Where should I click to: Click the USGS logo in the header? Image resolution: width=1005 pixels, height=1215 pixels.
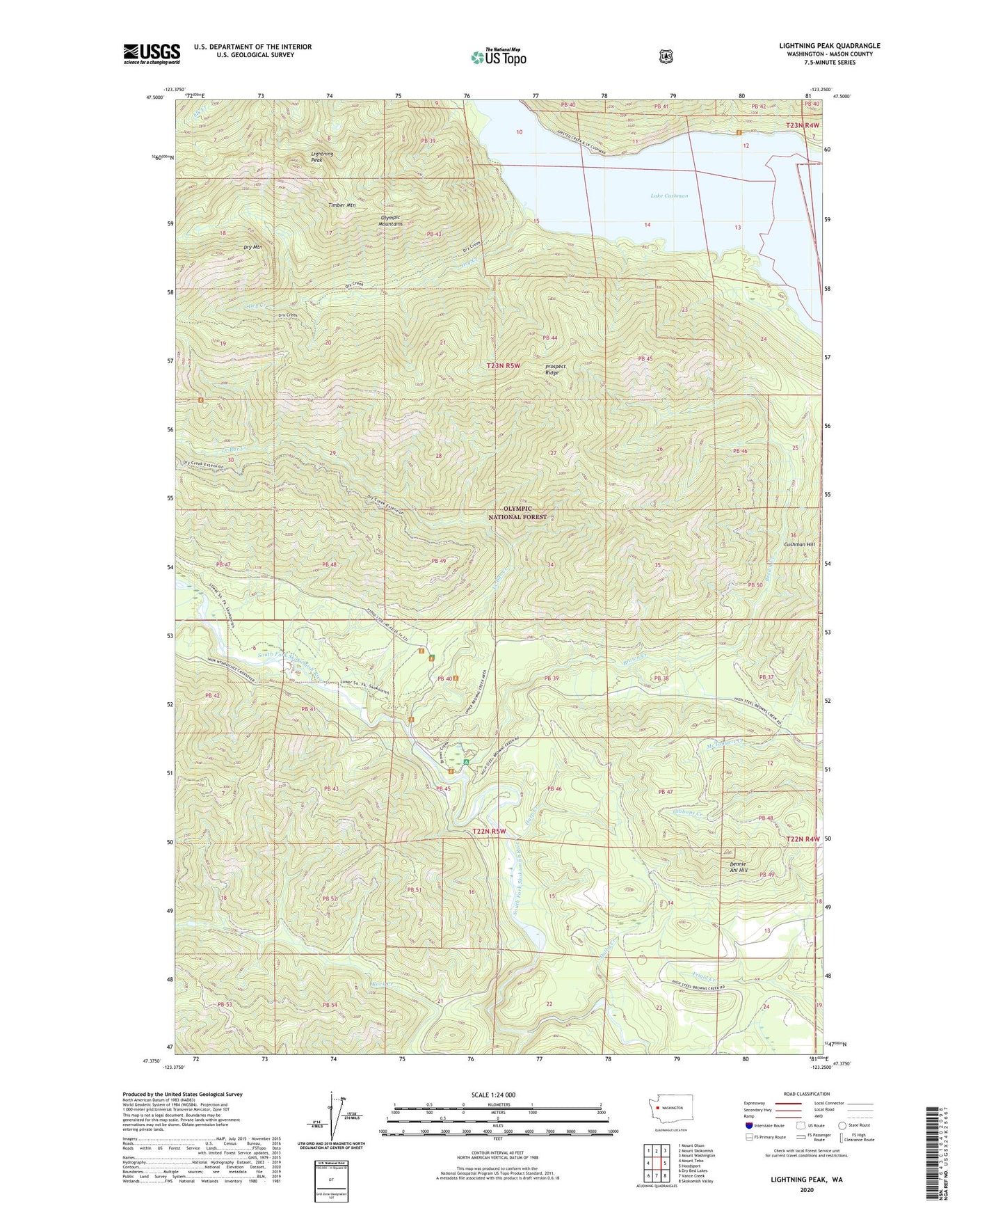coord(152,54)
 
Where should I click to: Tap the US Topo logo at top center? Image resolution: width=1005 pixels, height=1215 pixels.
coord(498,57)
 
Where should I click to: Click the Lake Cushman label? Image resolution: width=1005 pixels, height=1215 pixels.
coord(668,196)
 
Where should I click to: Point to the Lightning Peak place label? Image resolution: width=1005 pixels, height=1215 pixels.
coord(321,157)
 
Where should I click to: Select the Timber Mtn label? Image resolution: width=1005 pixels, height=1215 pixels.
coord(341,205)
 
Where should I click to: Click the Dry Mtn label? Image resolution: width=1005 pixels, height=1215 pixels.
coord(252,247)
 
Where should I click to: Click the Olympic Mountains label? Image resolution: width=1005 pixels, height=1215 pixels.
coord(390,220)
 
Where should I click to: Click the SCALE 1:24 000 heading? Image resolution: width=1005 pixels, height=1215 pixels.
coord(493,1095)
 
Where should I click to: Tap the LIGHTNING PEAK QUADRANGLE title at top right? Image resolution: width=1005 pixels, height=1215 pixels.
coord(829,46)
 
